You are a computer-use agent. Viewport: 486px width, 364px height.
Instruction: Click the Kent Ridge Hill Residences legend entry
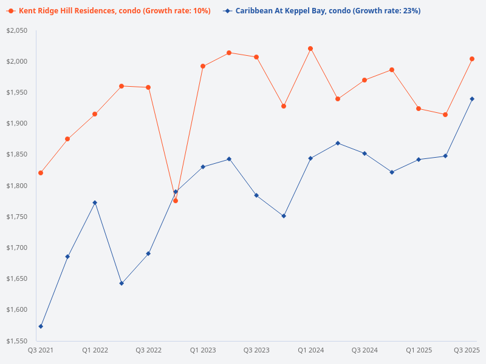[x=108, y=11]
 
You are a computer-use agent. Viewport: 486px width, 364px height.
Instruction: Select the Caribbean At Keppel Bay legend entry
[x=321, y=11]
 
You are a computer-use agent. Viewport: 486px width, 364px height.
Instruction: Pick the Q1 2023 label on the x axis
[x=202, y=350]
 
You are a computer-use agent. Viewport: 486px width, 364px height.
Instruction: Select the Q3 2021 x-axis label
[x=41, y=350]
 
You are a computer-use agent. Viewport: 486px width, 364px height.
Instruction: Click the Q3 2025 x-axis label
[x=467, y=350]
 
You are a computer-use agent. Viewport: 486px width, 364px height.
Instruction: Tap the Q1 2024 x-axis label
[x=310, y=350]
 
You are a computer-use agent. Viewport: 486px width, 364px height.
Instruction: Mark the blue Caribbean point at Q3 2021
[x=41, y=326]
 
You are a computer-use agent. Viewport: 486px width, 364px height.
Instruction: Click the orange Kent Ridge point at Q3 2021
[x=41, y=173]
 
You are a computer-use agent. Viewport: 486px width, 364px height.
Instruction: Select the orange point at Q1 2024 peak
[x=310, y=49]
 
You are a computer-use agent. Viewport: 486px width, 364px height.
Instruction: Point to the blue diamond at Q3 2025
[x=472, y=99]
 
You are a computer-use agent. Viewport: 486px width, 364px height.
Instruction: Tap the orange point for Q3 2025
[x=472, y=59]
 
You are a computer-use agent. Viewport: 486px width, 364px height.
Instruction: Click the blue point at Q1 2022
[x=95, y=203]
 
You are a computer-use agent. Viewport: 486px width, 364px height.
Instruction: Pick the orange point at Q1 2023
[x=203, y=66]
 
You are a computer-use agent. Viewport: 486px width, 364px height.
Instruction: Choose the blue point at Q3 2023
[x=256, y=195]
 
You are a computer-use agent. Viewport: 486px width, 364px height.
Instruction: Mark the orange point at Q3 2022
[x=148, y=87]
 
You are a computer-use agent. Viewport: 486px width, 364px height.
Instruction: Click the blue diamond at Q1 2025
[x=419, y=160]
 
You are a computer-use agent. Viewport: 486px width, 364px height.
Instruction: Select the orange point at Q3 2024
[x=364, y=80]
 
